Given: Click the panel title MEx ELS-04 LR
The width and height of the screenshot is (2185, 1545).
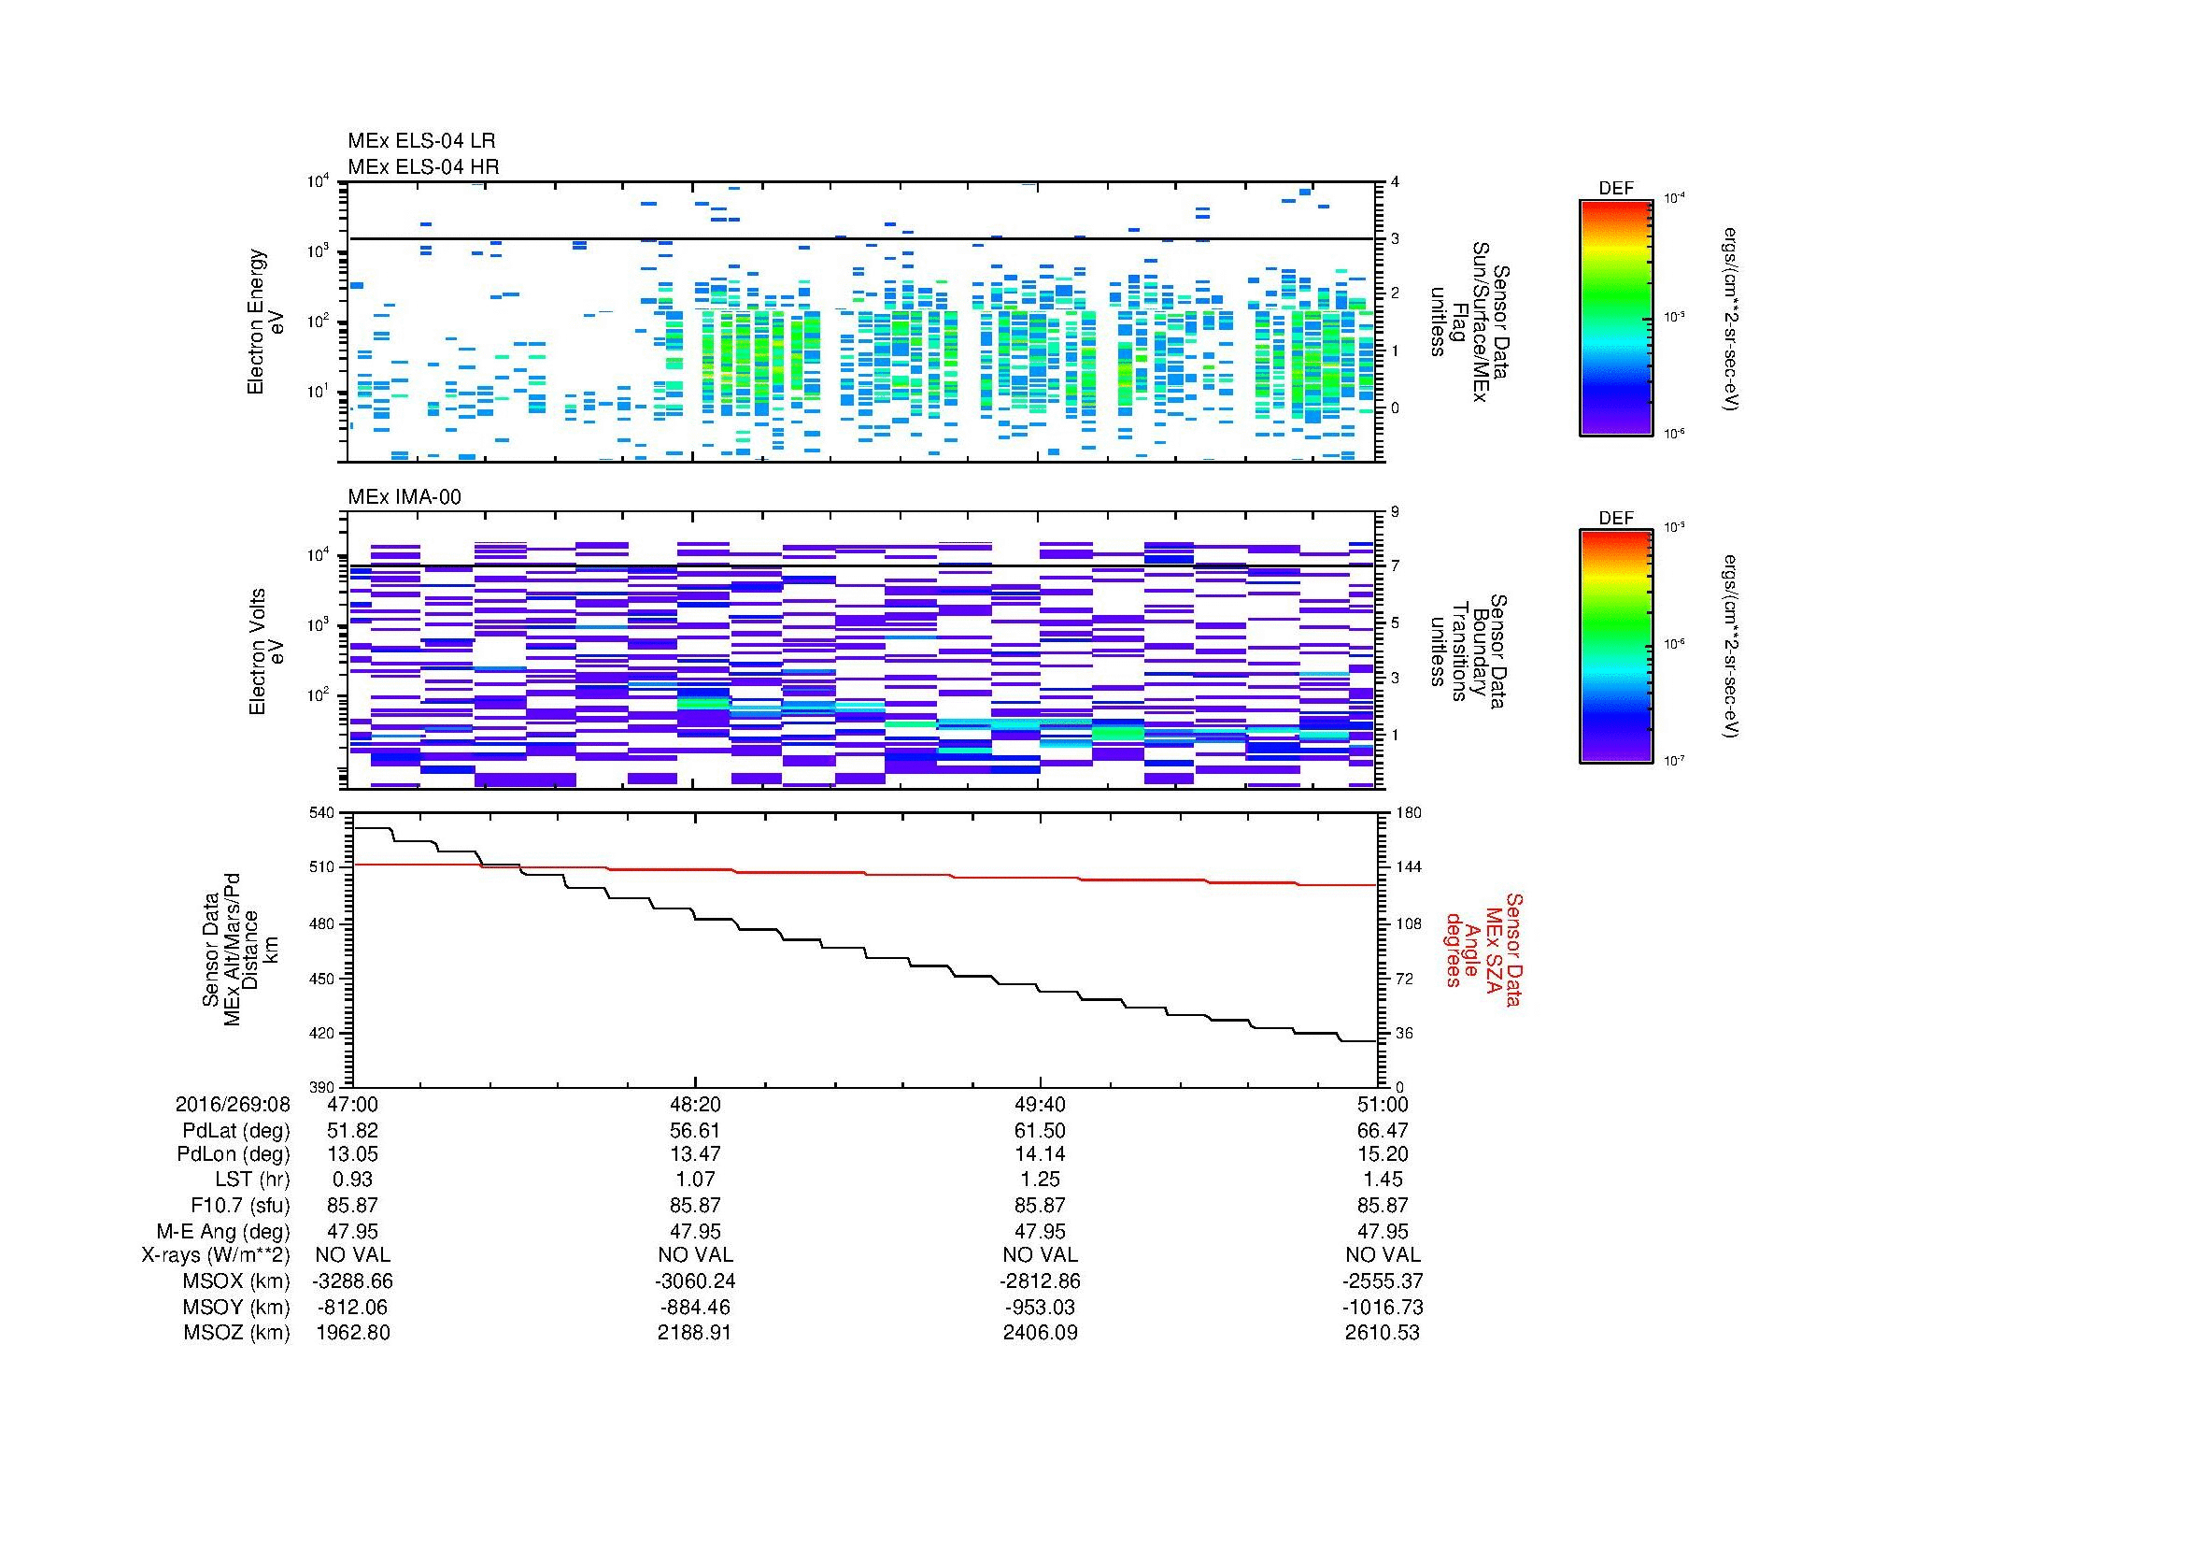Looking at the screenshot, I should [x=421, y=141].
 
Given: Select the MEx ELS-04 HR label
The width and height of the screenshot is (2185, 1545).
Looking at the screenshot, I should [x=423, y=166].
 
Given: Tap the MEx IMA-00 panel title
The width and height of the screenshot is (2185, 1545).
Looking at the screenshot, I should [x=404, y=497].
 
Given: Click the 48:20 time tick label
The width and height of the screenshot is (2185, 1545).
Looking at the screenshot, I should [x=696, y=1104].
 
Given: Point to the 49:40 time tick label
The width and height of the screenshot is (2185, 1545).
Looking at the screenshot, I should [x=1040, y=1104].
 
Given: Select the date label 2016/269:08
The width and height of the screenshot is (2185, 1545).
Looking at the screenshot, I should [x=233, y=1104].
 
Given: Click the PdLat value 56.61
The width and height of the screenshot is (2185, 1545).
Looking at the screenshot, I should [x=696, y=1130].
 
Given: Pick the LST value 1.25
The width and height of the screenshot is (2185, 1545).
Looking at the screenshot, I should [x=1040, y=1180].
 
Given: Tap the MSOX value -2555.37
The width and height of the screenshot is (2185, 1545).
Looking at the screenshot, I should [x=1383, y=1281].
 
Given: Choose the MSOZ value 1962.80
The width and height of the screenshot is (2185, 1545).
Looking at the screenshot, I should [x=353, y=1333].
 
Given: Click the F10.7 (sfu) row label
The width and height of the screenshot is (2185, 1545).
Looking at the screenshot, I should [x=240, y=1205].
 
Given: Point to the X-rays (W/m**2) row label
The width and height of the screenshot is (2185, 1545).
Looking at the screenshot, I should [x=215, y=1255].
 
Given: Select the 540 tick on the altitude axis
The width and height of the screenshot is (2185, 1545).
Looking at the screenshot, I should [x=321, y=813].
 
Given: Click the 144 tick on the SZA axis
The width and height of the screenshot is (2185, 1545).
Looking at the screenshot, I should [x=1408, y=867].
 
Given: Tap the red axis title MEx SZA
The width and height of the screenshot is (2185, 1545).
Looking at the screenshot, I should [x=1492, y=949].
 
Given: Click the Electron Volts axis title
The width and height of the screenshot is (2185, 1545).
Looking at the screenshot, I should [x=257, y=652].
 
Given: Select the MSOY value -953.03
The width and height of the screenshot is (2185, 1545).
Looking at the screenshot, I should [x=1040, y=1307].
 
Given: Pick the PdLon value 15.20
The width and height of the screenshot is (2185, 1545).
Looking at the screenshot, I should [x=1383, y=1153].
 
